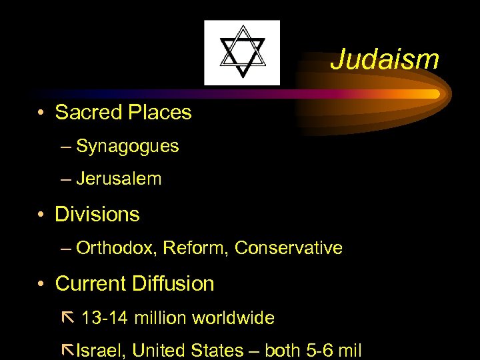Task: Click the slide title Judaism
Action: pyautogui.click(x=385, y=59)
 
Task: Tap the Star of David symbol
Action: pyautogui.click(x=242, y=53)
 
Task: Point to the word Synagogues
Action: pyautogui.click(x=127, y=146)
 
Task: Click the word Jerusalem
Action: pyautogui.click(x=119, y=179)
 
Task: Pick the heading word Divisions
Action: pyautogui.click(x=97, y=214)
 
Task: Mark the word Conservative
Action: pyautogui.click(x=289, y=249)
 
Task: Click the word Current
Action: pyautogui.click(x=91, y=283)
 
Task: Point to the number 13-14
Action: pyautogui.click(x=105, y=318)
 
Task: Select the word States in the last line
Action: pyautogui.click(x=219, y=350)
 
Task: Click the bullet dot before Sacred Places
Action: pyautogui.click(x=41, y=113)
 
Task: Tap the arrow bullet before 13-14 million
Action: pyautogui.click(x=66, y=317)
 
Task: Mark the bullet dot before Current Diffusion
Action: pyautogui.click(x=41, y=284)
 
